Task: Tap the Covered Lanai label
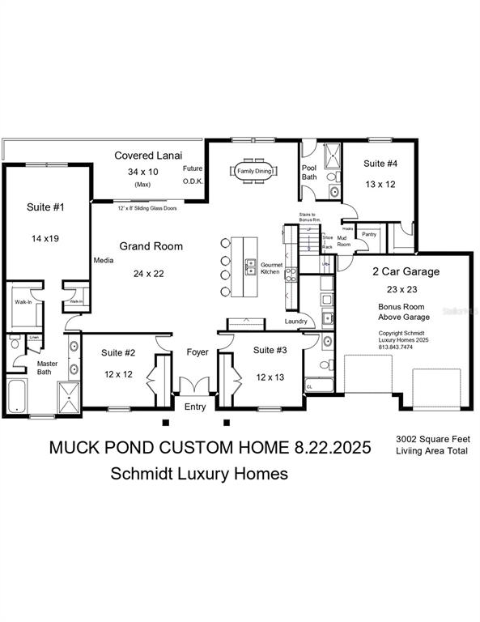pos(148,155)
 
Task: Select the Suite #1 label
pos(45,208)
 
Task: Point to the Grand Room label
pos(151,246)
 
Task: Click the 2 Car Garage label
pos(406,271)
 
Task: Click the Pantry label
pos(369,234)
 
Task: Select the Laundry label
pos(296,322)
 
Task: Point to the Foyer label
pos(198,352)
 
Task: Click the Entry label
pos(195,407)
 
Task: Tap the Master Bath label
pos(48,368)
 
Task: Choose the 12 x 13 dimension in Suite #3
pos(270,377)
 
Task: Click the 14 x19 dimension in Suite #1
pos(45,240)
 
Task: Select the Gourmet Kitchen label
pos(270,269)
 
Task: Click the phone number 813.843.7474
pos(397,347)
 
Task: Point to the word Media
pos(103,261)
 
